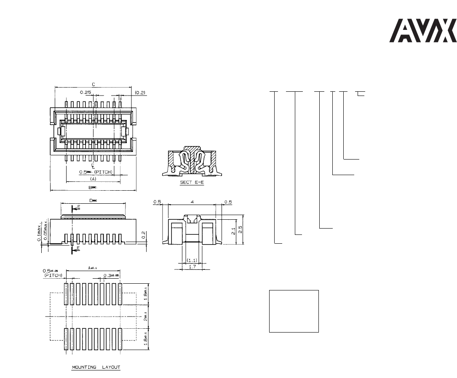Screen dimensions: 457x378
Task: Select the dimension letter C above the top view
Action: click(94, 84)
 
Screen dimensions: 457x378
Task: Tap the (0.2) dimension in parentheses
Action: click(140, 92)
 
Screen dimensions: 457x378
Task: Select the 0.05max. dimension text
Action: click(44, 230)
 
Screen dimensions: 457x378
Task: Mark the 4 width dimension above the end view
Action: click(192, 202)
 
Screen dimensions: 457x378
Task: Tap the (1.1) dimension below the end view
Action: click(192, 260)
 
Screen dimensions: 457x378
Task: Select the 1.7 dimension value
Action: click(192, 266)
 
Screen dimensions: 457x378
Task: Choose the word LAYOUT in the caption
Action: click(110, 367)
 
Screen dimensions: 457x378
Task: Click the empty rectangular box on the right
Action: click(294, 311)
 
